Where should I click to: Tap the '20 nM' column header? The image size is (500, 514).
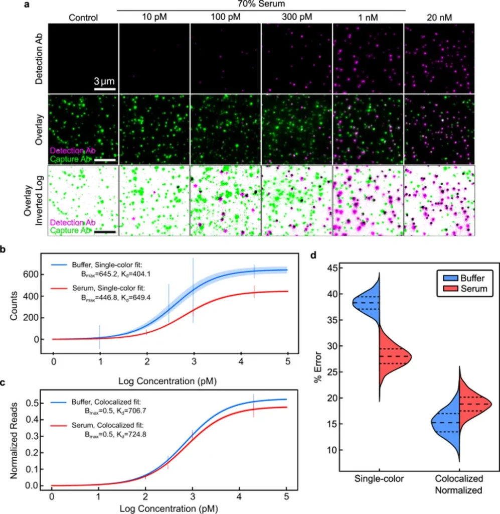point(439,18)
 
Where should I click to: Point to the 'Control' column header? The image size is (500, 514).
point(83,18)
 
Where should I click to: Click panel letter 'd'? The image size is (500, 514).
point(313,255)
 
